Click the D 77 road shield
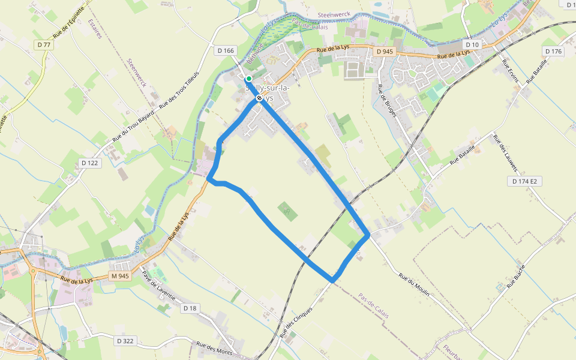click(x=43, y=45)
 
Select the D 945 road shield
click(x=385, y=52)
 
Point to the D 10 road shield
click(x=472, y=45)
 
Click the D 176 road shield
click(x=553, y=51)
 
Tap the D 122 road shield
click(x=89, y=163)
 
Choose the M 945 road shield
click(x=120, y=276)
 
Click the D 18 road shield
click(x=190, y=308)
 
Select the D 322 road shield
click(x=125, y=341)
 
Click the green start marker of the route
click(x=248, y=78)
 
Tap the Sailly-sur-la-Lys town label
click(x=268, y=93)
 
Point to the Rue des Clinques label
click(x=296, y=322)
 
